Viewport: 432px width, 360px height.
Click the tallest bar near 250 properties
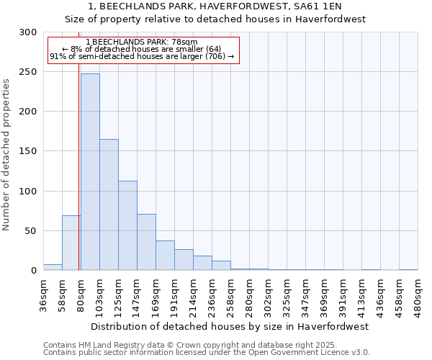click(90, 172)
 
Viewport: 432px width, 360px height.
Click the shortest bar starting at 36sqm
click(53, 267)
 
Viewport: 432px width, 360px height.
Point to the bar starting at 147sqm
click(146, 242)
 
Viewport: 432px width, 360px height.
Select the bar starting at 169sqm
click(165, 256)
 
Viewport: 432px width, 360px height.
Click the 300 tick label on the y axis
click(28, 32)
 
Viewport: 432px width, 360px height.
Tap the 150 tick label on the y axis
click(28, 151)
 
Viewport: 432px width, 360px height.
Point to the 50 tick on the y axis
click(31, 231)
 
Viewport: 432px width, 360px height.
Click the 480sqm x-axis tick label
click(418, 295)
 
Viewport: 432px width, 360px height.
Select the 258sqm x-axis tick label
click(230, 295)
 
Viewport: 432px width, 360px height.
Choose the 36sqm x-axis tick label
click(43, 295)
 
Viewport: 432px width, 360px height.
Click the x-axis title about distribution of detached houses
click(230, 326)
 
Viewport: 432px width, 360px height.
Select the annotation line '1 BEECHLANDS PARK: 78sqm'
click(141, 42)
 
